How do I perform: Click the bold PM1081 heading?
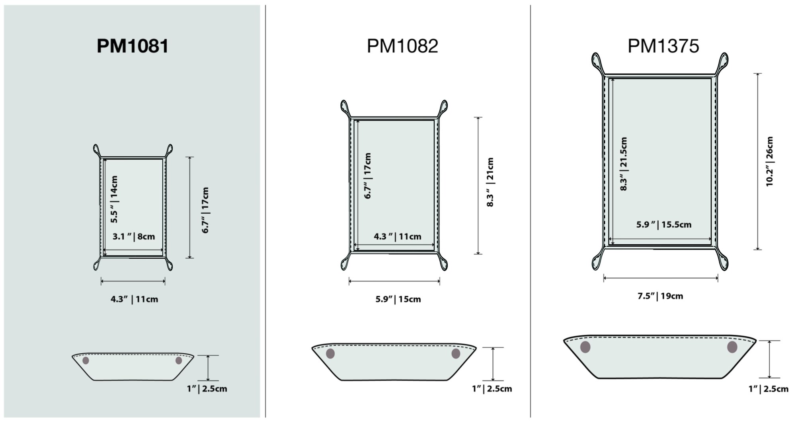pos(133,46)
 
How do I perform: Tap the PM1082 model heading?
pos(402,46)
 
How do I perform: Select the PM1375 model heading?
pos(663,46)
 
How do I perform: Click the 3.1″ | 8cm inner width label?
pos(134,237)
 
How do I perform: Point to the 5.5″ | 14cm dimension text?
pos(114,199)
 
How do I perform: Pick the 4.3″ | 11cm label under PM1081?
pos(134,299)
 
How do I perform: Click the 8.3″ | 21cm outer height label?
pos(490,182)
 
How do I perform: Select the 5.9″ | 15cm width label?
pos(398,299)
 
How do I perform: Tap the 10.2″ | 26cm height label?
pos(769,162)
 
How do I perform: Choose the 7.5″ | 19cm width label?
pos(660,296)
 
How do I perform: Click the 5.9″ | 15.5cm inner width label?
pos(663,224)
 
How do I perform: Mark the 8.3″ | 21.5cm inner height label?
pos(624,164)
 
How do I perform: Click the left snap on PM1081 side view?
pos(86,361)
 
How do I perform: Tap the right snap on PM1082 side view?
pos(456,353)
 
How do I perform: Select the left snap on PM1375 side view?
pos(585,347)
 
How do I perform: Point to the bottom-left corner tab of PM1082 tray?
pos(345,262)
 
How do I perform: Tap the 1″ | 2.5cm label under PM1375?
pos(768,389)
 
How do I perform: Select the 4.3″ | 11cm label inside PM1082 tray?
pos(397,237)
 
